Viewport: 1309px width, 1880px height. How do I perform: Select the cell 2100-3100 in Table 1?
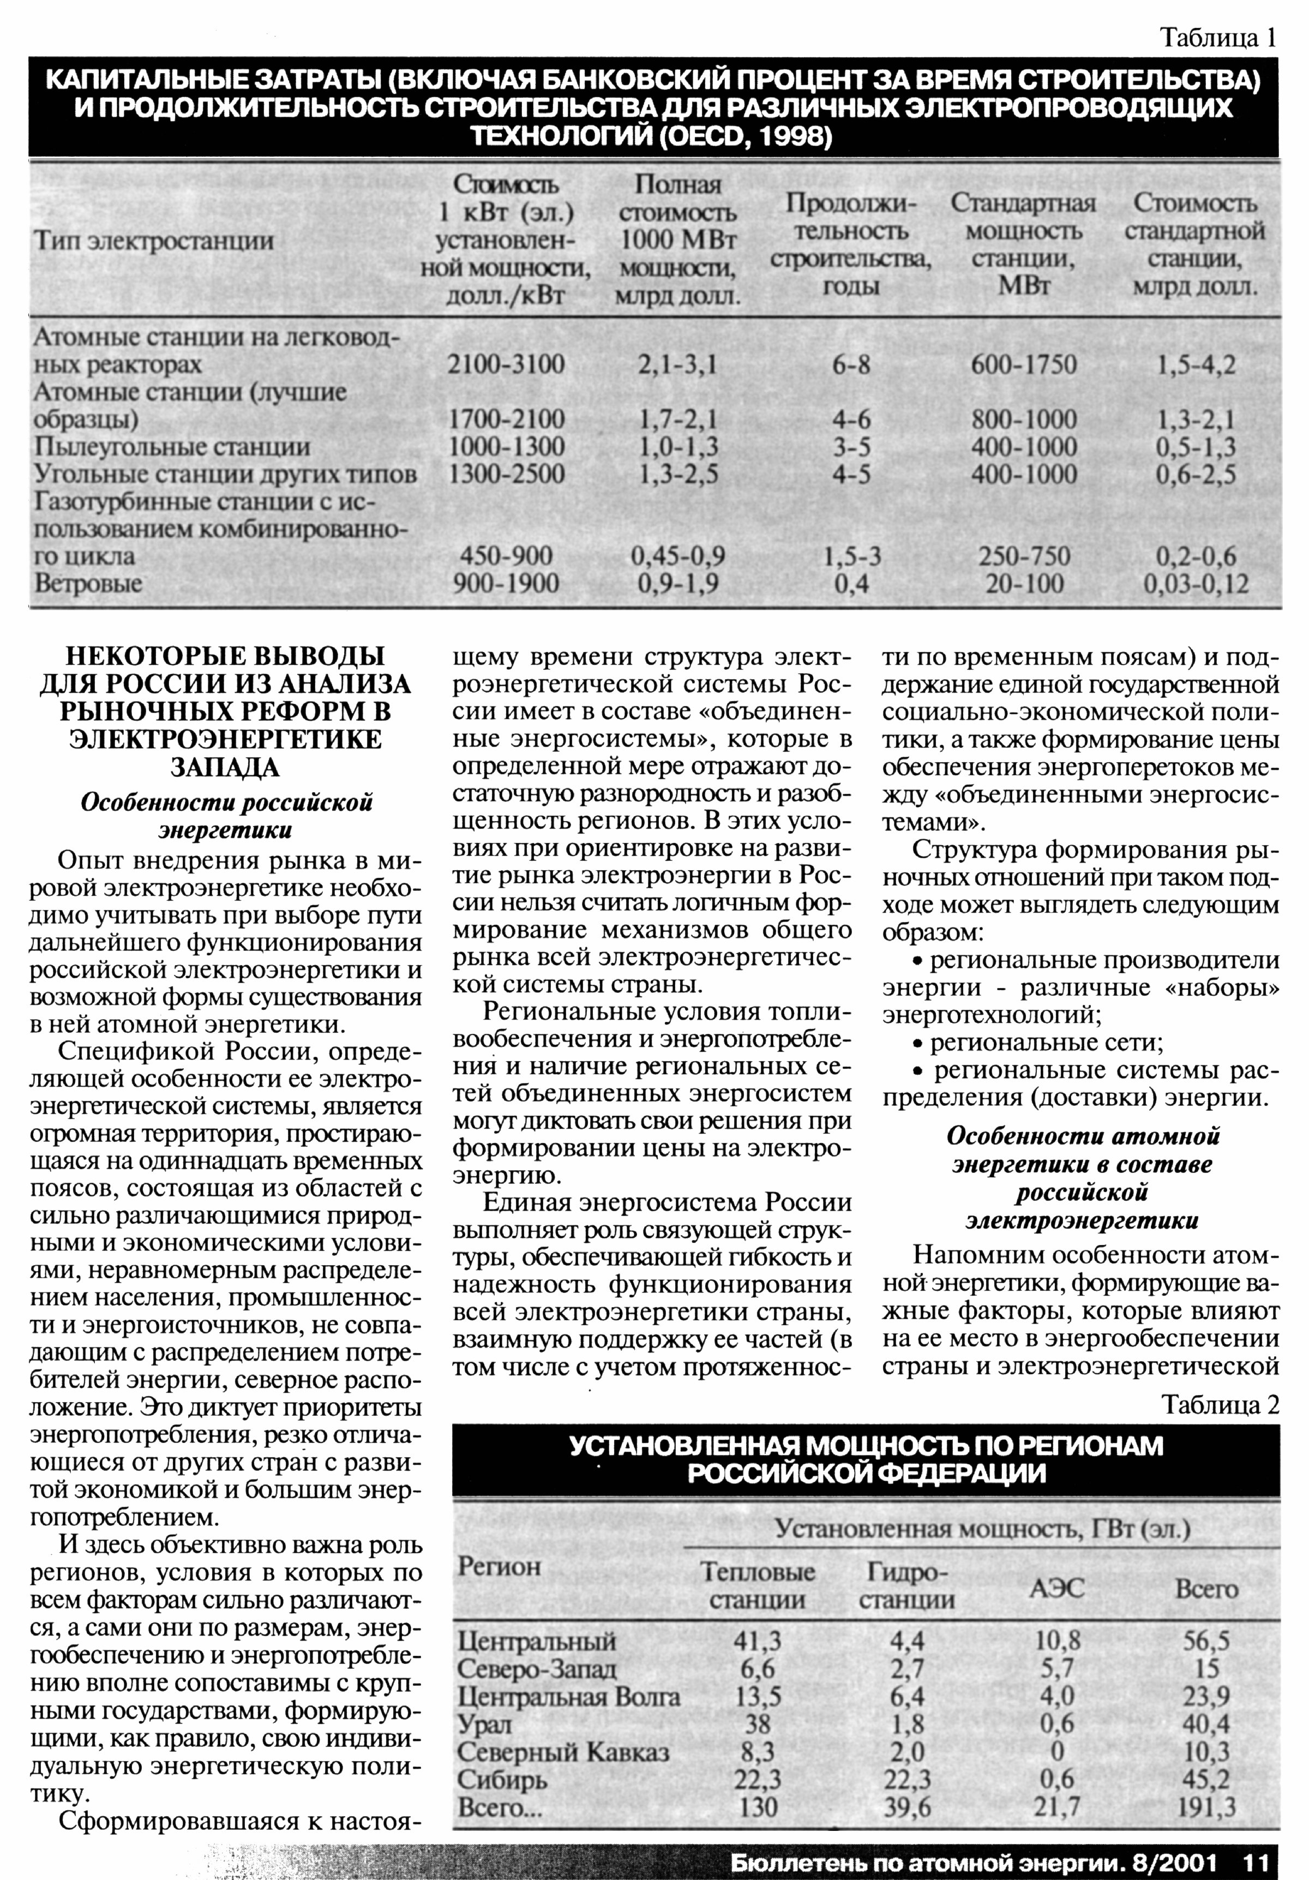(x=506, y=364)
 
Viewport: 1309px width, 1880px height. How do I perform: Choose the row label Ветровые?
(x=88, y=584)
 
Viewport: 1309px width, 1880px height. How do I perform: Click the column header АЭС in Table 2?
(x=1057, y=1589)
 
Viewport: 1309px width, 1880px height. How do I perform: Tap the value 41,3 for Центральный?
(x=757, y=1642)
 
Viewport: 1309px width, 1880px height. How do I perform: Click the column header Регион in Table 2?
(x=500, y=1566)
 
